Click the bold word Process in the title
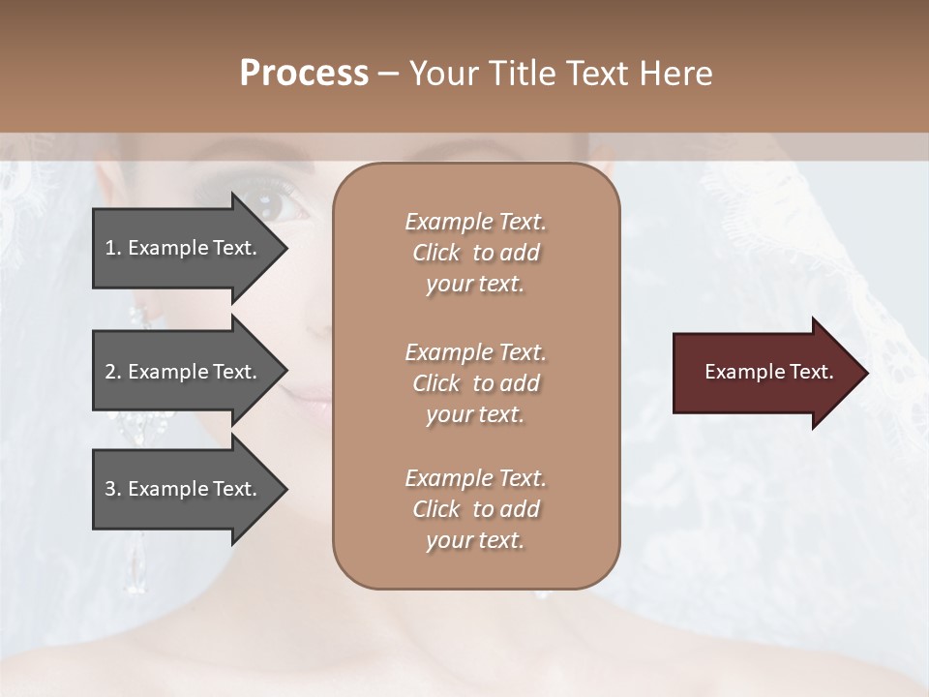click(x=304, y=74)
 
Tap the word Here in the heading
click(x=675, y=74)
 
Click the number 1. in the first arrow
click(x=112, y=248)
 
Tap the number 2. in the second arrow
click(x=112, y=372)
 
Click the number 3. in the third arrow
click(x=112, y=489)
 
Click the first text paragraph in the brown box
click(x=475, y=253)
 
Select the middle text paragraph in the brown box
click(x=475, y=383)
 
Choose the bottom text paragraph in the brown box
click(x=475, y=509)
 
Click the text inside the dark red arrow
click(x=768, y=372)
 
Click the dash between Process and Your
click(x=388, y=74)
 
